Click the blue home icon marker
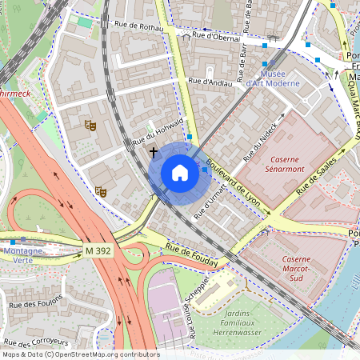click(180, 173)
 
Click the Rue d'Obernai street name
click(212, 35)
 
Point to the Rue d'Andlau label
click(210, 81)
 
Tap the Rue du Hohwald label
click(157, 133)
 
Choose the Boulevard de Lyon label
click(233, 182)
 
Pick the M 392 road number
click(98, 251)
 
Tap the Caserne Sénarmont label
click(290, 165)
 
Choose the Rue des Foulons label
click(33, 305)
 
